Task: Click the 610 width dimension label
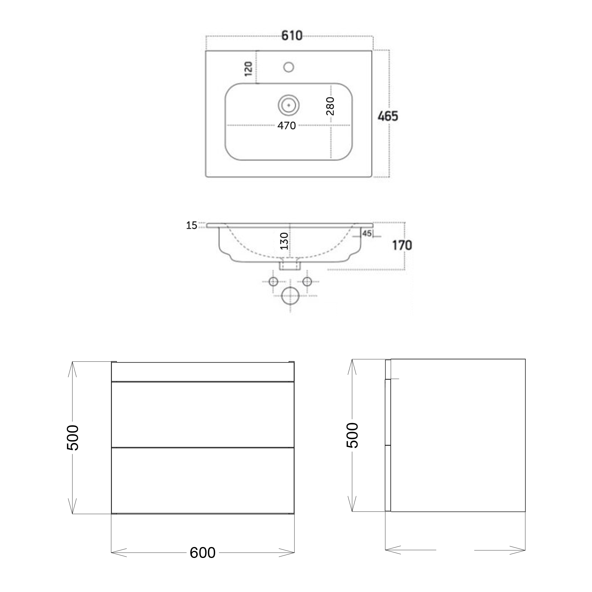click(x=292, y=36)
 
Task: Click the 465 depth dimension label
click(x=388, y=116)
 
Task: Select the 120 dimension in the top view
click(x=249, y=69)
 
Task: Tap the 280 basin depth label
click(x=330, y=106)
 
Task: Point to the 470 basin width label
click(x=287, y=126)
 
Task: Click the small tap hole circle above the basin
click(x=289, y=67)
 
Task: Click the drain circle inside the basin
click(x=289, y=105)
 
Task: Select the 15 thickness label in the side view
click(x=192, y=226)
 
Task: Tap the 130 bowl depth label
click(x=284, y=241)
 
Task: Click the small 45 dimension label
click(x=367, y=234)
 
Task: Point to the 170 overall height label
click(x=402, y=245)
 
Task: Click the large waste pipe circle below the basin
click(x=290, y=296)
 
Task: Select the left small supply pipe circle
click(x=273, y=281)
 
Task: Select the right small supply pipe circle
click(x=307, y=281)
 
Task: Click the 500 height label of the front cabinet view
click(x=73, y=437)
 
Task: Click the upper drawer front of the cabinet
click(x=202, y=414)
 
